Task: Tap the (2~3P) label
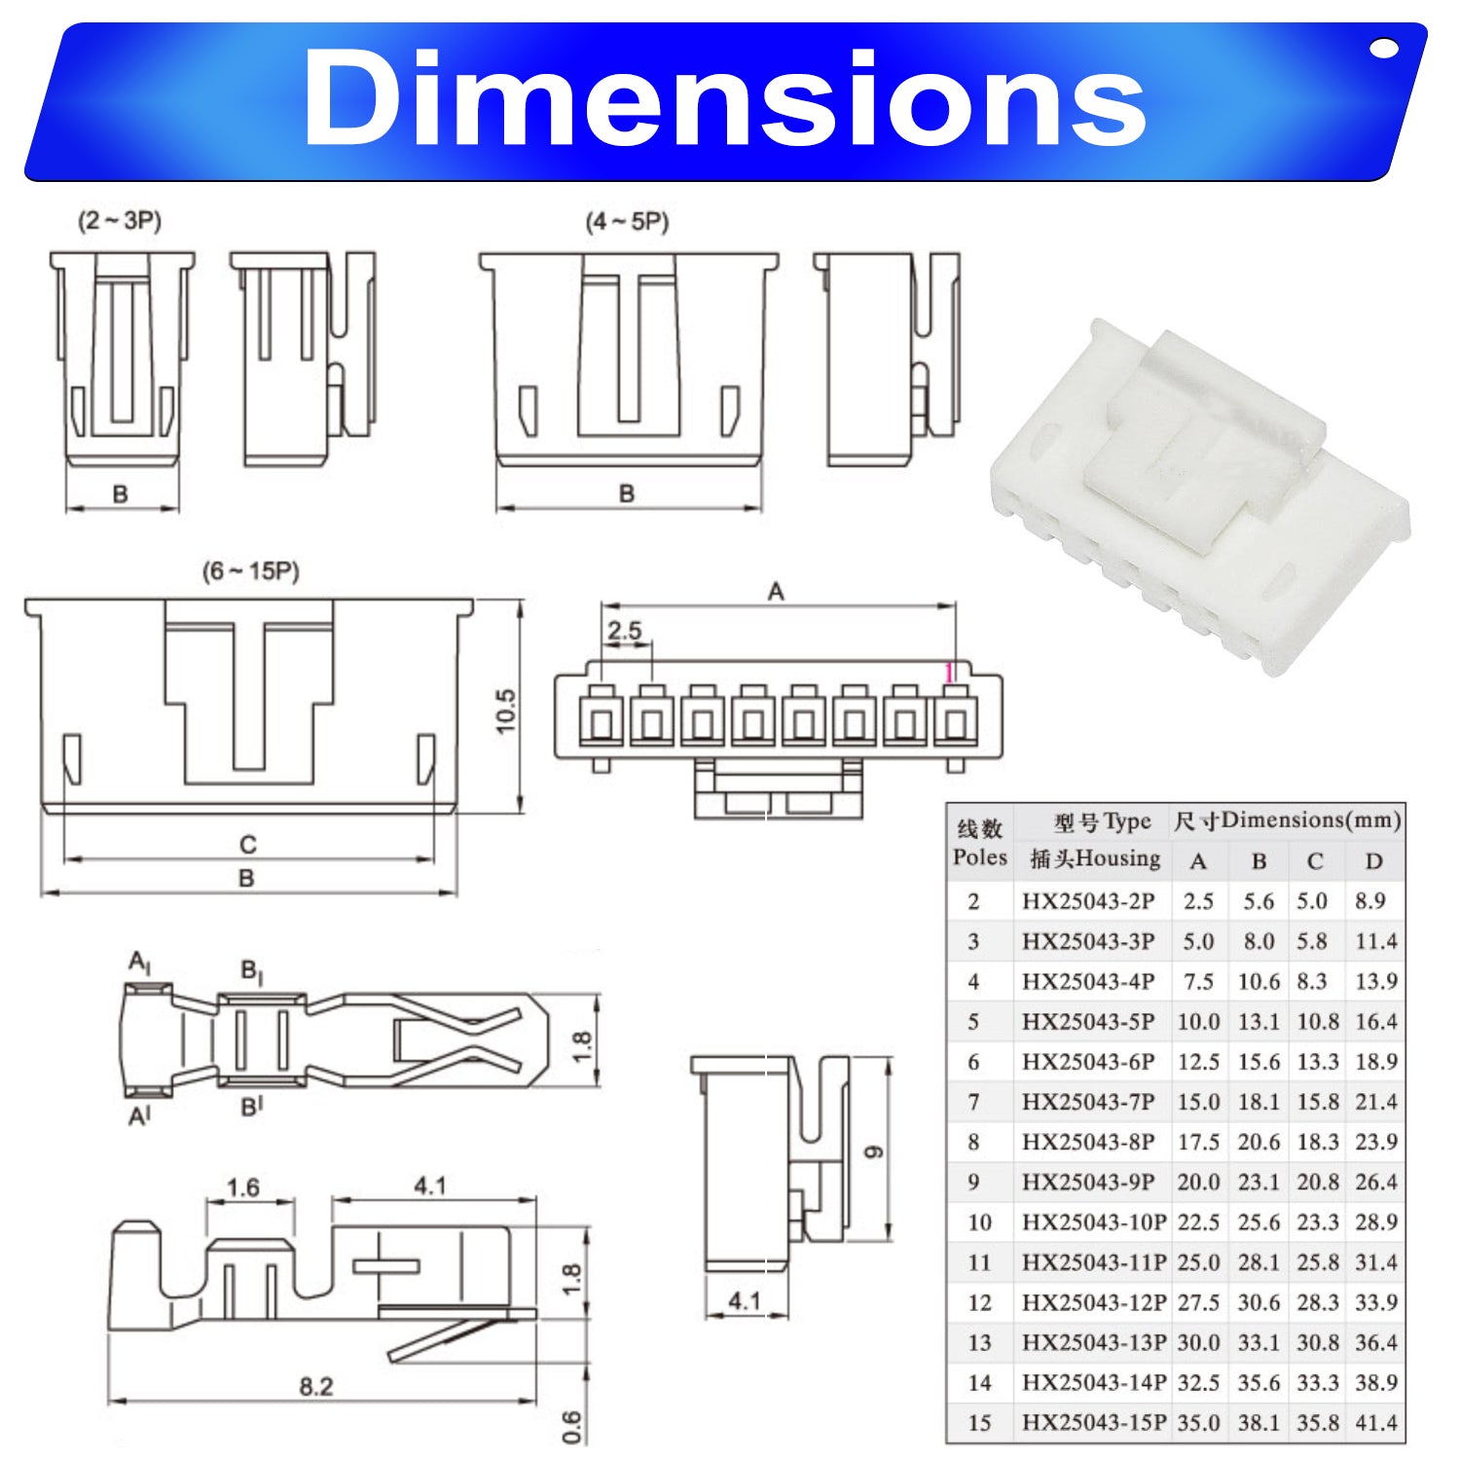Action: pos(120,221)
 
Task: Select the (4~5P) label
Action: pos(627,222)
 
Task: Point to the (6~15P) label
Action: pos(251,570)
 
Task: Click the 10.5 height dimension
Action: pos(506,711)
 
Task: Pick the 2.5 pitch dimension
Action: pos(624,631)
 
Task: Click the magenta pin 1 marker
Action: pos(949,673)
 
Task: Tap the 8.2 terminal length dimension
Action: pos(316,1386)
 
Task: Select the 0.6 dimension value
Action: pos(572,1428)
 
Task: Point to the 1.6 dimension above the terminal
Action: pos(242,1187)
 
